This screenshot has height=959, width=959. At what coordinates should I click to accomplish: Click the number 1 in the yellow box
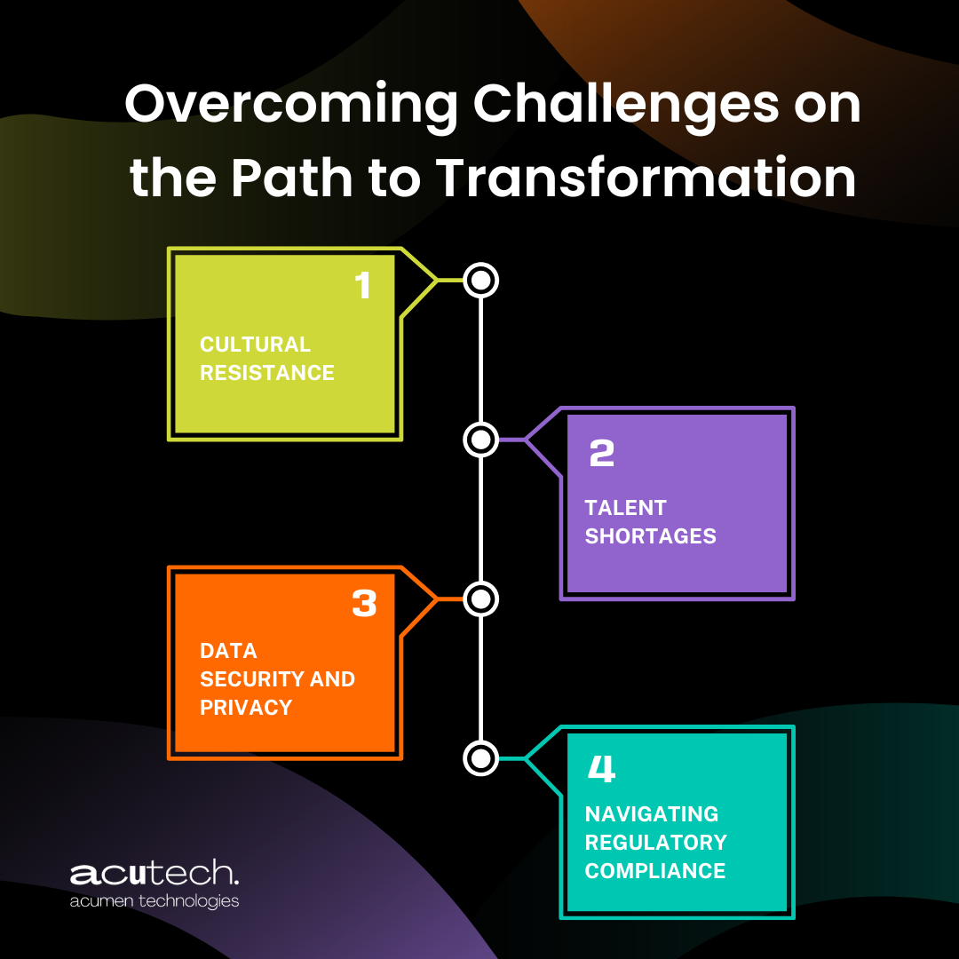(362, 286)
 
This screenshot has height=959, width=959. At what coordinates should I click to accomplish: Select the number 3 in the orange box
(364, 604)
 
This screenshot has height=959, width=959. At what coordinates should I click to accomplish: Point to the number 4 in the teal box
(602, 769)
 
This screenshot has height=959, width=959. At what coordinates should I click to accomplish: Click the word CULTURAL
(255, 345)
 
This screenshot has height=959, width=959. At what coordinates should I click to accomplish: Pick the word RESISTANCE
(267, 373)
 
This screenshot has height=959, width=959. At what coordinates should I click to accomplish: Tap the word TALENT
(625, 508)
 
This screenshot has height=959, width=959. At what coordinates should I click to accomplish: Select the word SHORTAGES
(650, 536)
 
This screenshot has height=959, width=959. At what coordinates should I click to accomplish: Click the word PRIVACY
(246, 708)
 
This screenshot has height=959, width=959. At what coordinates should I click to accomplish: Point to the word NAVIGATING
(652, 814)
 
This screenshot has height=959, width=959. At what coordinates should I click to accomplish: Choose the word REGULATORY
(655, 843)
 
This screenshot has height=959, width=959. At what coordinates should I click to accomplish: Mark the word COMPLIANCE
(655, 871)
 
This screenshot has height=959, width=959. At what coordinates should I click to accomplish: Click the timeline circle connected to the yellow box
(480, 281)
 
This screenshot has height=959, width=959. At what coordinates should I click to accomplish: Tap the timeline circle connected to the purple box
(480, 439)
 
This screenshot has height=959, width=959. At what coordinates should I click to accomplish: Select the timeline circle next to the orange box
(480, 599)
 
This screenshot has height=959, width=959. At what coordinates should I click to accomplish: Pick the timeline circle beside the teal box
(480, 757)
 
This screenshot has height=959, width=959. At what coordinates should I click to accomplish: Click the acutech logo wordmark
(155, 874)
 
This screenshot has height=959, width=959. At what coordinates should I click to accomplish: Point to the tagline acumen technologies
(155, 900)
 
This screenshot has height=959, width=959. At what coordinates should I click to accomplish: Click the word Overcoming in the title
(290, 105)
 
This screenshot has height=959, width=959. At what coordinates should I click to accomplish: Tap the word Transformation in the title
(646, 177)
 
